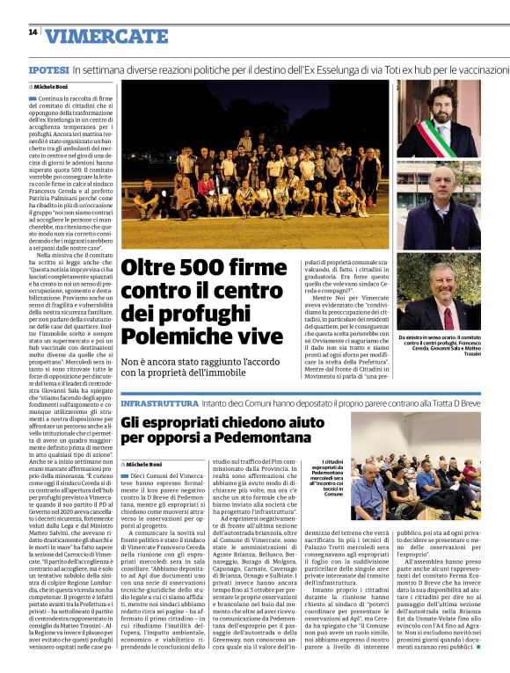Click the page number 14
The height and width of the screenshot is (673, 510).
coord(33,32)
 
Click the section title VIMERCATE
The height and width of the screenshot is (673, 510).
coord(106,36)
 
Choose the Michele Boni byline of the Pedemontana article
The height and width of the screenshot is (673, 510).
coord(144,463)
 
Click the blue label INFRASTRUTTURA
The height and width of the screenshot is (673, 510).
coord(159,402)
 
